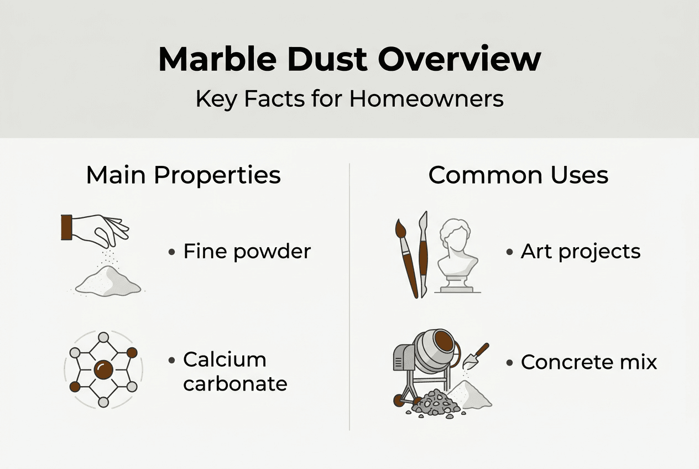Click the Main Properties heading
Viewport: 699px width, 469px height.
click(183, 175)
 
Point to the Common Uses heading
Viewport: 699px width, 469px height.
click(518, 175)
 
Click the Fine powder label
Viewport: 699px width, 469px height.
click(247, 252)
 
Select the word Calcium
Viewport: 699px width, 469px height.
click(225, 359)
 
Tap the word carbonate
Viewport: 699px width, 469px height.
click(235, 383)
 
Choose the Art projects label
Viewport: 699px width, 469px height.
click(580, 252)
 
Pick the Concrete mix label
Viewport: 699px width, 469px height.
click(588, 362)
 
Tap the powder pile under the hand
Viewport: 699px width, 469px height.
click(108, 282)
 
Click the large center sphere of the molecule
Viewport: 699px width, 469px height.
click(103, 369)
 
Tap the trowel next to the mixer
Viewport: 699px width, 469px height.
click(474, 357)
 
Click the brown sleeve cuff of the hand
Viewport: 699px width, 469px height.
click(66, 227)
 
